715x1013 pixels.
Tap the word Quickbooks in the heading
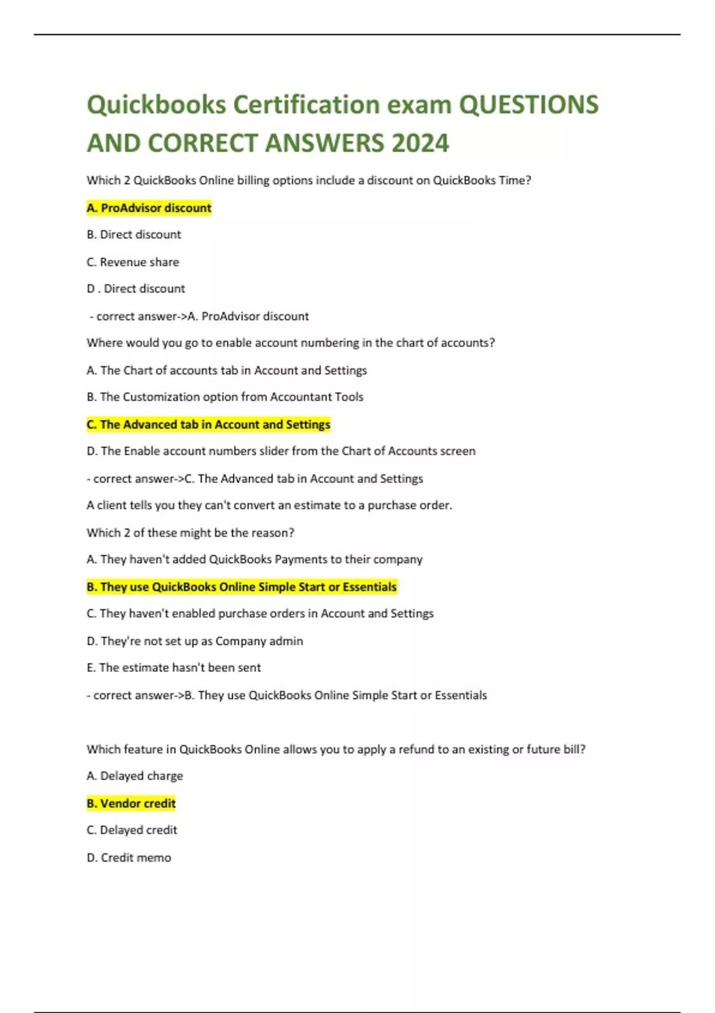(x=156, y=105)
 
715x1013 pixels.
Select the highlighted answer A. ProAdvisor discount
(x=149, y=208)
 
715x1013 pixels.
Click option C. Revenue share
(x=133, y=262)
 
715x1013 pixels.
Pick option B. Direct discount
(x=133, y=235)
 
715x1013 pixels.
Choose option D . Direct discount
(x=136, y=289)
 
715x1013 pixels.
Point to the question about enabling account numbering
(x=291, y=343)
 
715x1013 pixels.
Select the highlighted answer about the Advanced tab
(x=209, y=424)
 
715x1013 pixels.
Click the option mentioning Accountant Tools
(x=225, y=397)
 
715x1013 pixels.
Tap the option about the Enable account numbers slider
(x=281, y=451)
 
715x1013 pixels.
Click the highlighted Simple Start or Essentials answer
(x=241, y=587)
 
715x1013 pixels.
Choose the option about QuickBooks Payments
(x=254, y=560)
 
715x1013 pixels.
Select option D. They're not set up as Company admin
(x=195, y=641)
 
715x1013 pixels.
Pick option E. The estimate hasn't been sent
(x=173, y=668)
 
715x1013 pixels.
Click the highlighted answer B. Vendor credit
(x=131, y=803)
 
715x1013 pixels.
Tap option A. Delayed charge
(x=135, y=776)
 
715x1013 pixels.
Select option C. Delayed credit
(x=132, y=830)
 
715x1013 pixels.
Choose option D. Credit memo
(x=129, y=857)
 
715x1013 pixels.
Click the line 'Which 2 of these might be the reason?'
(x=190, y=533)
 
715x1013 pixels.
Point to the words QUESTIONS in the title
(x=529, y=105)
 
